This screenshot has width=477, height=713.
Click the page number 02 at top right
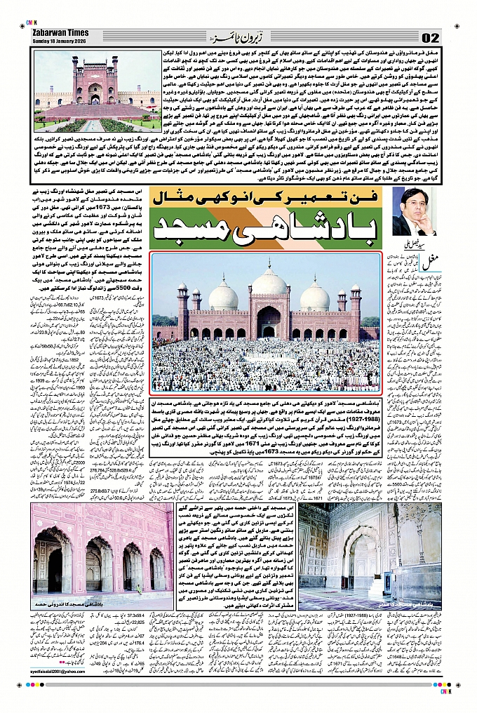430,37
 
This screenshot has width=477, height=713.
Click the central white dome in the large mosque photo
270,281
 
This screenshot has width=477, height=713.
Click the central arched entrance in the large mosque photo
270,324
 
